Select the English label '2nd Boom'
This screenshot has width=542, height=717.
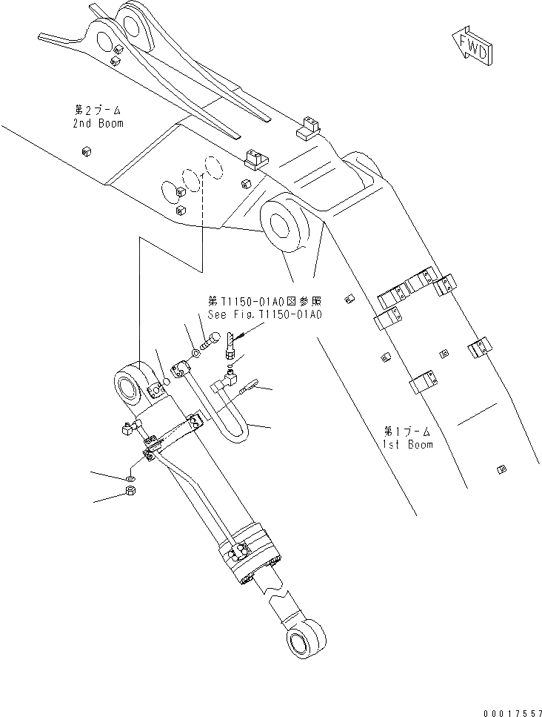98,123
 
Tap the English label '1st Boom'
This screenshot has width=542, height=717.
408,444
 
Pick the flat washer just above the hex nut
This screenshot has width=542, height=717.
130,472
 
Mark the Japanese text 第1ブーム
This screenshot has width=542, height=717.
408,431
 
